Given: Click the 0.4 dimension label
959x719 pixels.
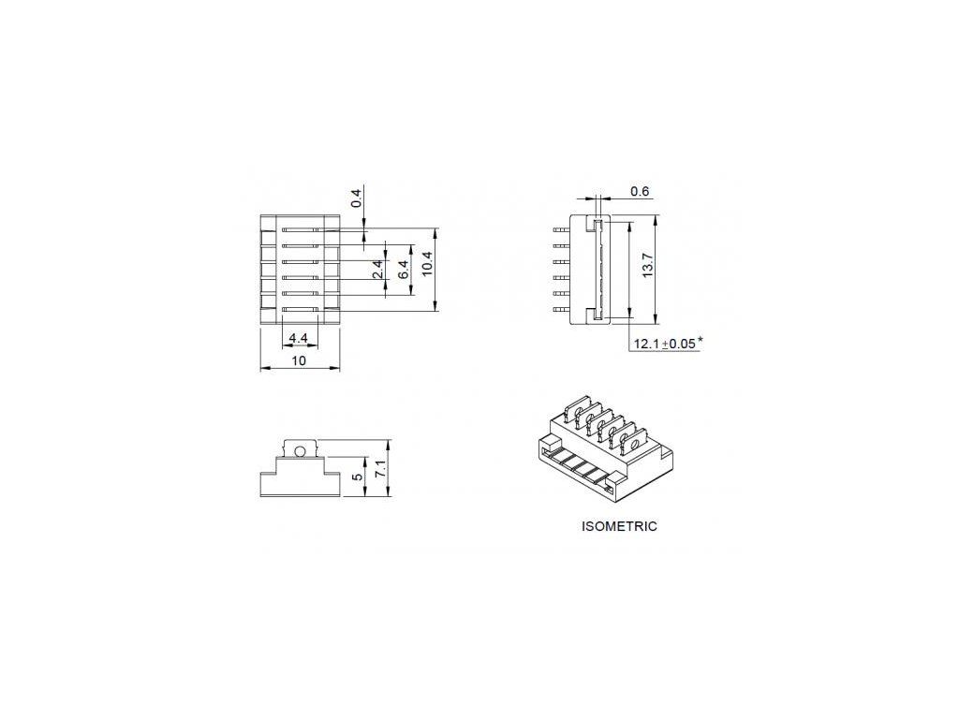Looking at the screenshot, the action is coord(357,198).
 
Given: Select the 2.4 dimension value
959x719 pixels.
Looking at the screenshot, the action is coord(378,270).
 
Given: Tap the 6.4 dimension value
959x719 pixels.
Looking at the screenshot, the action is coord(404,270).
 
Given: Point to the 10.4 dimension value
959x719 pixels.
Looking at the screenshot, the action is coord(427,264).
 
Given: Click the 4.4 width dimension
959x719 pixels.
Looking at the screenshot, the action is coord(299,338).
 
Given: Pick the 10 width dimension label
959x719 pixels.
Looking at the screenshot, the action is coord(299,360).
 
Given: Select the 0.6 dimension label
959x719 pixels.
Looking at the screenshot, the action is coord(640,191).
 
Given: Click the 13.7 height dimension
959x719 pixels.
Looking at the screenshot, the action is coord(649,266).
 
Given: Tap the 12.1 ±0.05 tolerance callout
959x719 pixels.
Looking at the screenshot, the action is coord(667,344).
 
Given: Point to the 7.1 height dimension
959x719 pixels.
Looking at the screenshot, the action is coord(380,470).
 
